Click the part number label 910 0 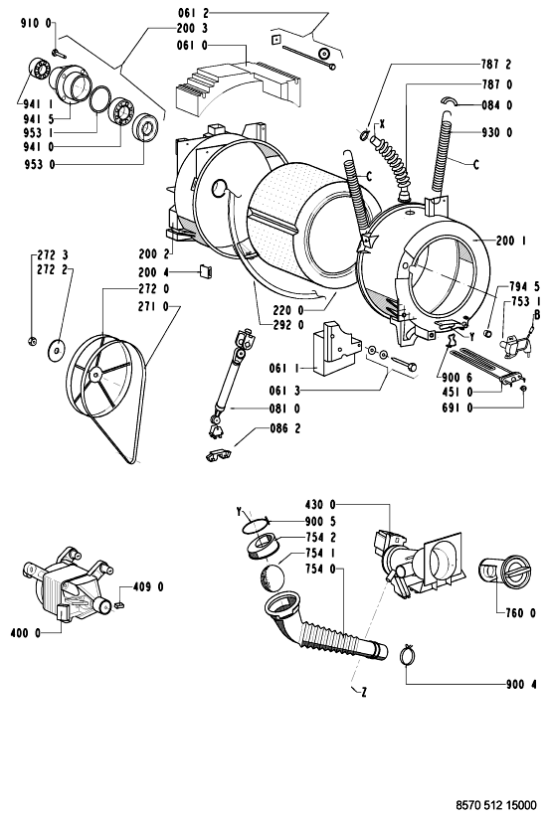36,23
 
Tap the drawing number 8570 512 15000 496,805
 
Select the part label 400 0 25,633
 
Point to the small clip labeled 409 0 119,604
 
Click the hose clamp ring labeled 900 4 408,655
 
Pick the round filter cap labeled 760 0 504,572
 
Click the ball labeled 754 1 273,578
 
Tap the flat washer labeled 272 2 55,350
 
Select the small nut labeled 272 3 31,342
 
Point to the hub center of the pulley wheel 94,374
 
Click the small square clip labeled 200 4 205,271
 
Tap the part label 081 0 284,408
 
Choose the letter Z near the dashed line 364,693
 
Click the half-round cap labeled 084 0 450,101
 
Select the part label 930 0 497,132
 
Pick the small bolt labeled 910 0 57,52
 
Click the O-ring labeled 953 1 100,99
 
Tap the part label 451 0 456,392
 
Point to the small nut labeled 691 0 523,389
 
